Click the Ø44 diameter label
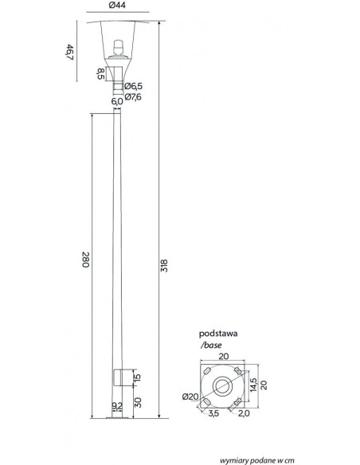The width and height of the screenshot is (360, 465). [117, 5]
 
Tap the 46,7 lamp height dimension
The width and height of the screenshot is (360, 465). [69, 52]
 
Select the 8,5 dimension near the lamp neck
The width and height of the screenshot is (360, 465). [101, 74]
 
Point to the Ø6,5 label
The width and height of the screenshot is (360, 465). [134, 86]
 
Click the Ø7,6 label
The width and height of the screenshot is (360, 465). [133, 97]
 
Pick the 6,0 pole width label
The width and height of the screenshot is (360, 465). [117, 102]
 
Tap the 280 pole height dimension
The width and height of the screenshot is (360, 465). [86, 260]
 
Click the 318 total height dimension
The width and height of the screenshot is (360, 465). [164, 266]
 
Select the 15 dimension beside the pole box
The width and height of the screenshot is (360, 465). [137, 377]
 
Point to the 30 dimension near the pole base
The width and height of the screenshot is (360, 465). [138, 402]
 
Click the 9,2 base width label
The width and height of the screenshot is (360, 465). [117, 406]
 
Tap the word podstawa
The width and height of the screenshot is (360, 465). [218, 334]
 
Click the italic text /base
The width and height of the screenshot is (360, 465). [211, 346]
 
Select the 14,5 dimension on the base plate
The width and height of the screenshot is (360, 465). [253, 385]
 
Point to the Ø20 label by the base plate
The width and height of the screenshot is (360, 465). [190, 397]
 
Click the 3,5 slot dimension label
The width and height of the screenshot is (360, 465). [213, 413]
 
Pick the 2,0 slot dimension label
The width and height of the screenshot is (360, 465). [244, 413]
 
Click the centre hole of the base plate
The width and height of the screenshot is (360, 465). [222, 386]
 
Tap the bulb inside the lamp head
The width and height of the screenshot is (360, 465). [119, 47]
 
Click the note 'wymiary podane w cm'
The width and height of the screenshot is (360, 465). [257, 460]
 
